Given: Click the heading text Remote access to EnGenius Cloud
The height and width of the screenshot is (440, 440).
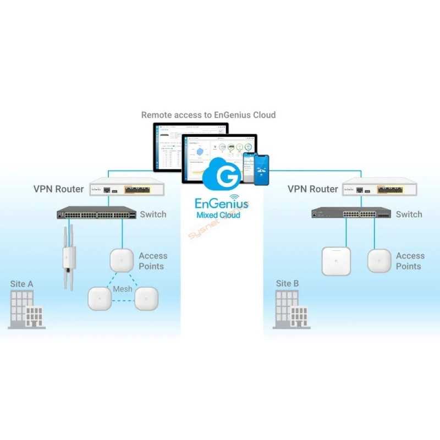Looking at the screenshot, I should click(208, 115).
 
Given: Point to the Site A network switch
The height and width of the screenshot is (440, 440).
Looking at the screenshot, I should click(97, 213).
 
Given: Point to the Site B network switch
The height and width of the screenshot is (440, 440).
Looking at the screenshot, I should click(350, 213).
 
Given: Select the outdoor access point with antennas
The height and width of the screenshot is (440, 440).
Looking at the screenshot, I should click(69, 257).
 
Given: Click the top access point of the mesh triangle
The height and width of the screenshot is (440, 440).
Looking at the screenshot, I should click(122, 259).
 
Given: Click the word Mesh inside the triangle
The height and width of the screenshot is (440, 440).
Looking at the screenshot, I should click(122, 289).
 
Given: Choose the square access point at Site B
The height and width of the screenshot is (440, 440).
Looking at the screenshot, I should click(336, 261).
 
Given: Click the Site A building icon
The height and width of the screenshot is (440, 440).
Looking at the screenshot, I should click(26, 310).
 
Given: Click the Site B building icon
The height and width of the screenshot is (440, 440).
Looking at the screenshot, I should click(291, 310).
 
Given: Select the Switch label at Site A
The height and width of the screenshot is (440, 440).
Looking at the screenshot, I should click(153, 214).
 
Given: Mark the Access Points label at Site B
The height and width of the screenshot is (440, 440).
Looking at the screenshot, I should click(410, 261).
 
